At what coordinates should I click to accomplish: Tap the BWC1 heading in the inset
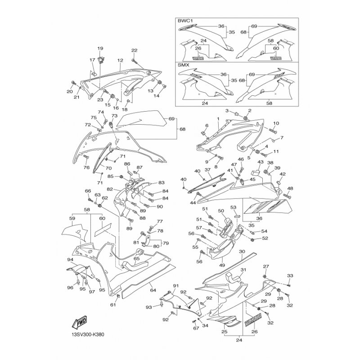185,21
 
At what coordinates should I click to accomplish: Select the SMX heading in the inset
184,65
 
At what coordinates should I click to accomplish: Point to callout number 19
100,48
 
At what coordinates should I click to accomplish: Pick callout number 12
120,60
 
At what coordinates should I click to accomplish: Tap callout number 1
218,119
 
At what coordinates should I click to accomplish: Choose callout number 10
276,123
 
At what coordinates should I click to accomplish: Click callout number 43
261,162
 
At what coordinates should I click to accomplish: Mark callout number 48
290,188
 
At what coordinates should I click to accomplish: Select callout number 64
153,290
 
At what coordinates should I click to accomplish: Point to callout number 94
70,260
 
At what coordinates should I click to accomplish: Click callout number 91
176,286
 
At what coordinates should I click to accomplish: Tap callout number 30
242,252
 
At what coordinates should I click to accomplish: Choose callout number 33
290,275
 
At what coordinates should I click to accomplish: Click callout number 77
160,221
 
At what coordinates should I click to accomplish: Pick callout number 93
149,307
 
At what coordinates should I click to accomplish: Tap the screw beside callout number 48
287,196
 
